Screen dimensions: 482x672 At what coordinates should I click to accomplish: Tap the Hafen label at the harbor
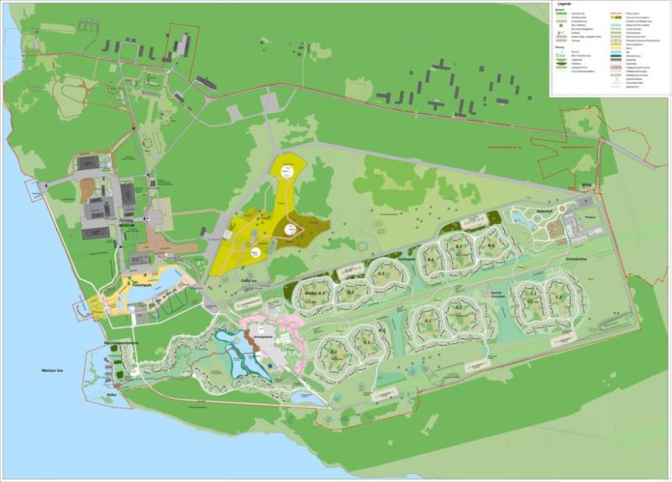tap(112, 394)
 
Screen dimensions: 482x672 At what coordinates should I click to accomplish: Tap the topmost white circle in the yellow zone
tap(288, 170)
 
